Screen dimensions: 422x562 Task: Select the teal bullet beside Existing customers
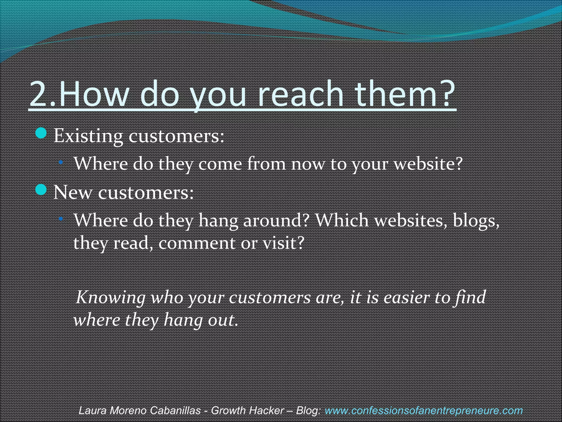point(41,133)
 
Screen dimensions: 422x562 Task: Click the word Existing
point(88,136)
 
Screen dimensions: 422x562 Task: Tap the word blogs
point(476,220)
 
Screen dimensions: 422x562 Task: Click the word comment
point(196,243)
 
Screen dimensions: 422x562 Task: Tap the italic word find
point(470,297)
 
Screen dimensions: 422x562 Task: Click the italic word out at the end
point(222,320)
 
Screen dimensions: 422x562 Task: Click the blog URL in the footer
point(423,410)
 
